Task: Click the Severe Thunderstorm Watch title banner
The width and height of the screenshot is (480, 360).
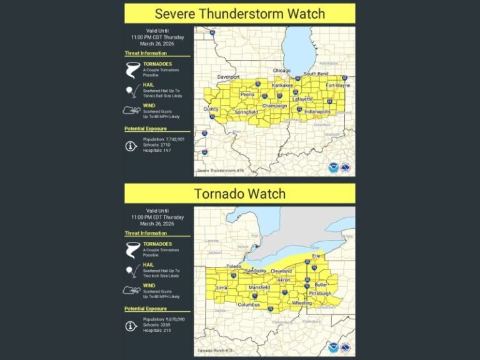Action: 239,13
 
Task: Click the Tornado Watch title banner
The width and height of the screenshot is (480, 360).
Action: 239,194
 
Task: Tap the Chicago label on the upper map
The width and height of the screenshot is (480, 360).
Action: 282,71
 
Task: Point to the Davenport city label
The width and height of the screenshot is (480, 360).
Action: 228,77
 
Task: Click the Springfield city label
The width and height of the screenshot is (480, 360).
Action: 246,112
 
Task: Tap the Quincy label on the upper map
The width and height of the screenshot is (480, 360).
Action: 211,109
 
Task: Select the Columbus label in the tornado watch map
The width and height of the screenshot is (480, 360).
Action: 249,304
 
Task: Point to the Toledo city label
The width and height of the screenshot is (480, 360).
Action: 234,266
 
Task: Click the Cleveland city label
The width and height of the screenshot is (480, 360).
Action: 281,271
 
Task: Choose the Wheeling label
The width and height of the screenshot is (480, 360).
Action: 301,302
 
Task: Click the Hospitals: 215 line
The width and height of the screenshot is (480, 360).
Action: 157,330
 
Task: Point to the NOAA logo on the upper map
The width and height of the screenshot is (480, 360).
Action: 334,167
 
